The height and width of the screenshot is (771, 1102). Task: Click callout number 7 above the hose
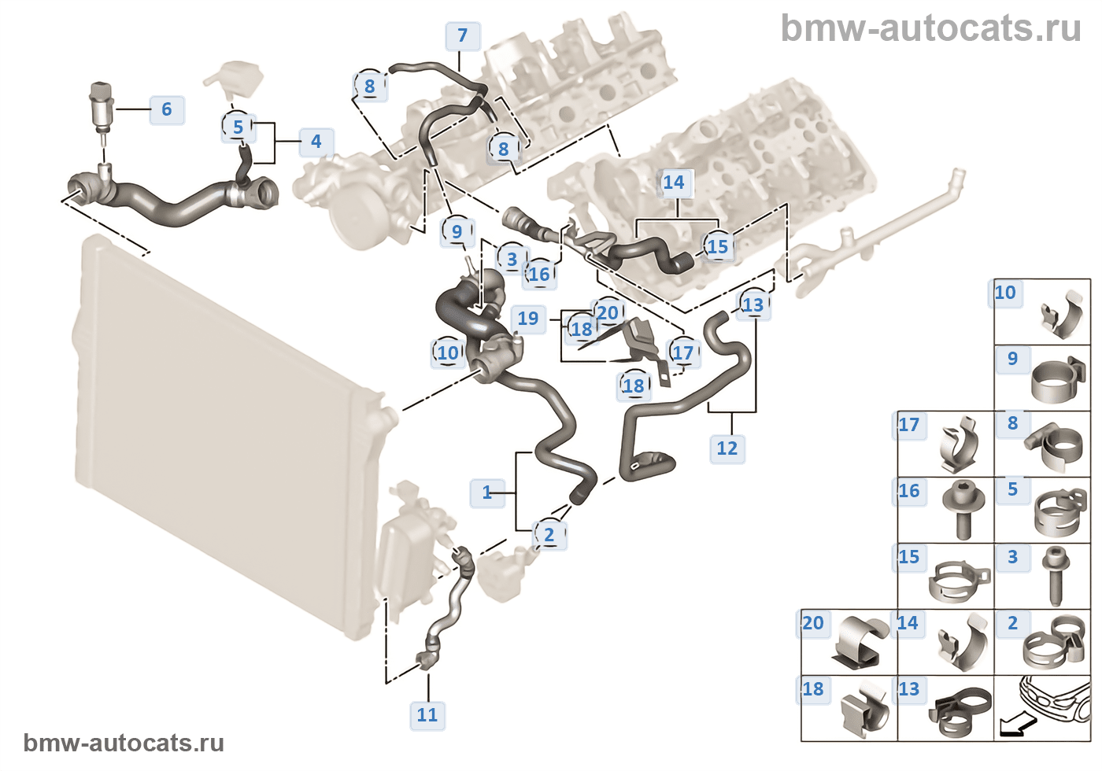coord(462,35)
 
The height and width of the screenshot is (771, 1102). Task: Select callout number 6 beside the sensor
coord(167,109)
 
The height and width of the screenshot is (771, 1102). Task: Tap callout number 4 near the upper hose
coord(316,142)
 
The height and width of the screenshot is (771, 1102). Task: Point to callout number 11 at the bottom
coord(427,714)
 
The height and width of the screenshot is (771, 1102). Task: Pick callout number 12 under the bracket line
coord(727,448)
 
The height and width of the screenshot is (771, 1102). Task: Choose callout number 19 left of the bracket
coord(527,319)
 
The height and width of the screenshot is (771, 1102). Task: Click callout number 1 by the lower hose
coord(487,492)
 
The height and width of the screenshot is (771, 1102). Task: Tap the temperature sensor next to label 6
coord(102,105)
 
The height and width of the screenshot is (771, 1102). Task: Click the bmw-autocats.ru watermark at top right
coord(930,28)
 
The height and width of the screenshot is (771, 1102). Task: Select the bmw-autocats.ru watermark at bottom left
coord(124,743)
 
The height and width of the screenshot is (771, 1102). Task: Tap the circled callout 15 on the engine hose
coord(717,246)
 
